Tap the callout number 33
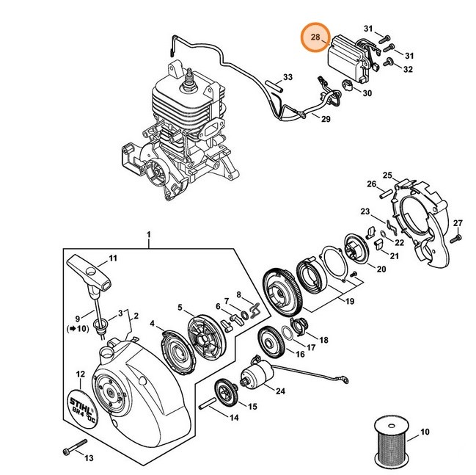pyautogui.click(x=288, y=77)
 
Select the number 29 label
pyautogui.click(x=326, y=120)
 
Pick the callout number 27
pyautogui.click(x=457, y=223)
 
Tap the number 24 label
pyautogui.click(x=280, y=391)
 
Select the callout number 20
pyautogui.click(x=381, y=269)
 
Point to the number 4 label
pyautogui.click(x=152, y=323)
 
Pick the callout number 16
pyautogui.click(x=299, y=354)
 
